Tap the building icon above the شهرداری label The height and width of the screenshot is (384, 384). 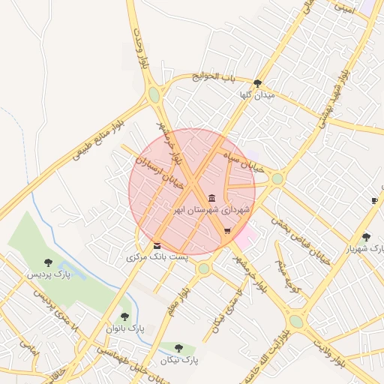pyautogui.click(x=211, y=199)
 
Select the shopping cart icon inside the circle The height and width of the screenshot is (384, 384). pyautogui.click(x=227, y=231)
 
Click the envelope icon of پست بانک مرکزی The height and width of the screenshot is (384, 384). pyautogui.click(x=157, y=246)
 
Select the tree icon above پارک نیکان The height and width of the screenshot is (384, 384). pyautogui.click(x=178, y=348)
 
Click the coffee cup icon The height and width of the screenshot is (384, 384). pyautogui.click(x=374, y=200)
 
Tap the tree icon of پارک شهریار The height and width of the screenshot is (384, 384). pyautogui.click(x=366, y=237)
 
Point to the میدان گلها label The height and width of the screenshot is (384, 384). pyautogui.click(x=257, y=95)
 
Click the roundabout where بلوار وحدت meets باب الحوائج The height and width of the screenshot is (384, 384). pyautogui.click(x=154, y=95)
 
